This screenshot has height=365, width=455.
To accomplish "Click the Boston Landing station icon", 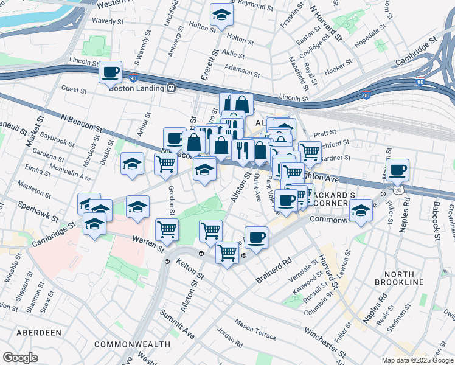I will point(172,88).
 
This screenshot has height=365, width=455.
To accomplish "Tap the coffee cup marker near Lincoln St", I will point(111,72).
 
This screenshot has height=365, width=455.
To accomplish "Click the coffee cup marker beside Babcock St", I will point(398,170).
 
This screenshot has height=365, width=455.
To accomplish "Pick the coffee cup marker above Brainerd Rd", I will point(256,237).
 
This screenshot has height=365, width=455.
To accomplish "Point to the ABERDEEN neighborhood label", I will point(39,333).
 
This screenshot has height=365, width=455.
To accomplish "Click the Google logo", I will point(20,358).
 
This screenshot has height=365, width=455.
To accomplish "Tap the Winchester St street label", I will point(325,341).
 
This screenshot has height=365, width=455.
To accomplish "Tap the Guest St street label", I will point(74,89).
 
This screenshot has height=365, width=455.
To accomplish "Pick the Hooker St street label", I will point(339,63).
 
